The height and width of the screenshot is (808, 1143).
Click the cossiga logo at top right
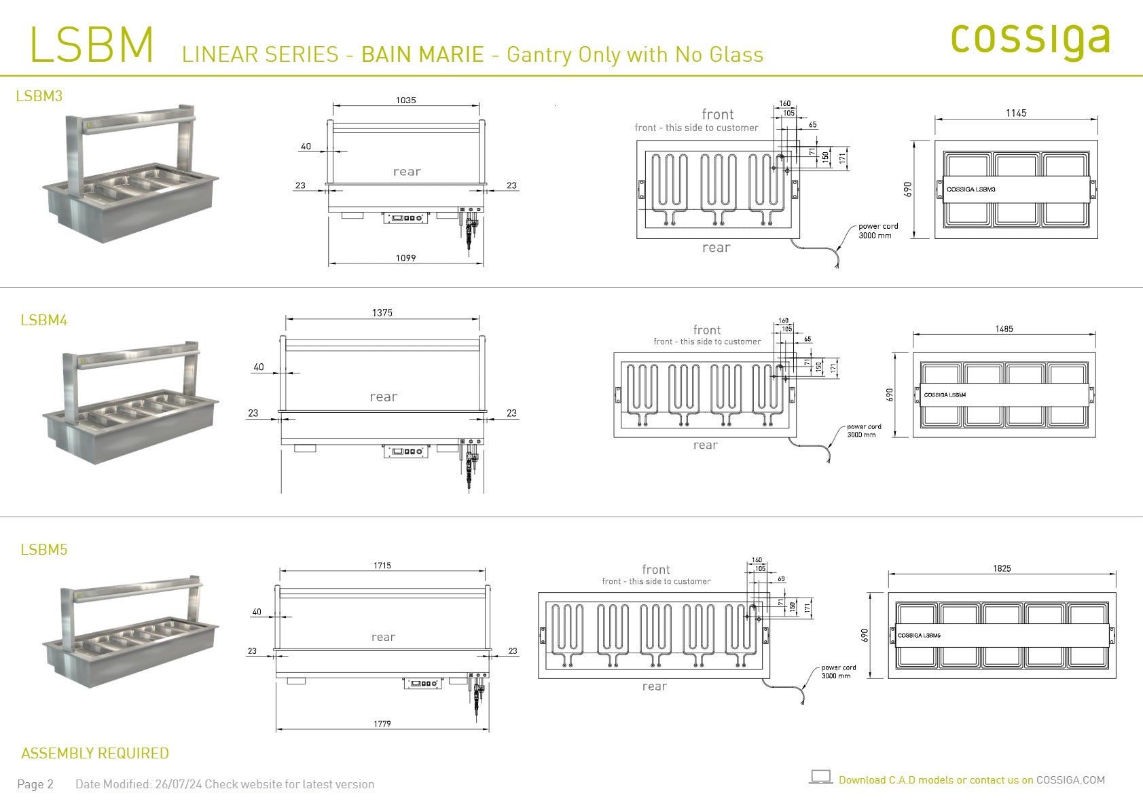pyautogui.click(x=1030, y=39)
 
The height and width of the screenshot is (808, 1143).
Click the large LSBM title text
pyautogui.click(x=92, y=45)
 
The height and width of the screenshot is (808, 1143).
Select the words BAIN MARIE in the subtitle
pyautogui.click(x=422, y=54)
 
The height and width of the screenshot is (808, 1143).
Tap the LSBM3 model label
pyautogui.click(x=39, y=96)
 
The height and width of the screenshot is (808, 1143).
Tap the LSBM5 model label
pyautogui.click(x=44, y=550)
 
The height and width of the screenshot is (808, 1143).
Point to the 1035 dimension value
pyautogui.click(x=405, y=100)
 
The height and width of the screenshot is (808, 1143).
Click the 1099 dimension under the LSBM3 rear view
pyautogui.click(x=405, y=258)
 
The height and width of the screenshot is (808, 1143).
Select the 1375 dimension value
pyautogui.click(x=382, y=313)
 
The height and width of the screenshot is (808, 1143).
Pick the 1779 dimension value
pyautogui.click(x=382, y=724)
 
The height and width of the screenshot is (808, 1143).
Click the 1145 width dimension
pyautogui.click(x=1016, y=113)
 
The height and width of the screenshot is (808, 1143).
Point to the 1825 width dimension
pyautogui.click(x=1002, y=568)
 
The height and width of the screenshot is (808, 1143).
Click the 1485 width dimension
pyautogui.click(x=1004, y=329)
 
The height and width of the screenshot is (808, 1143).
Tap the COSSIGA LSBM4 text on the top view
pyautogui.click(x=945, y=394)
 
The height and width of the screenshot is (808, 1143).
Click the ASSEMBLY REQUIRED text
pyautogui.click(x=95, y=754)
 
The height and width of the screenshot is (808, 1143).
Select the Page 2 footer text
pyautogui.click(x=35, y=784)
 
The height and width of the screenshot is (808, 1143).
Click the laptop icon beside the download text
pyautogui.click(x=821, y=777)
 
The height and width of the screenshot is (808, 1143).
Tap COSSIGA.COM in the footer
pyautogui.click(x=1070, y=780)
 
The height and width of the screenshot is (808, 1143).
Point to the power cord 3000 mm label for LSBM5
pyautogui.click(x=838, y=672)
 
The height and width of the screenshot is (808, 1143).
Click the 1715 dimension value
pyautogui.click(x=382, y=566)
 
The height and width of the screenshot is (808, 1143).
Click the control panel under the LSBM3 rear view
pyautogui.click(x=406, y=217)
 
